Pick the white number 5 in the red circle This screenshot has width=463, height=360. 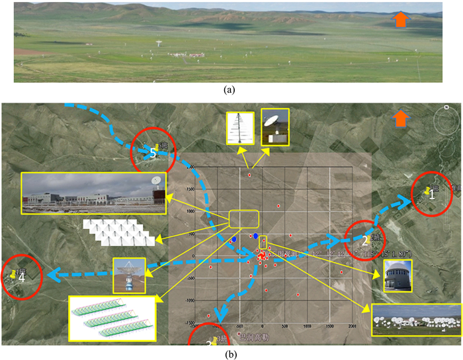(153, 153)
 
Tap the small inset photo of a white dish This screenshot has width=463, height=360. (275, 126)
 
